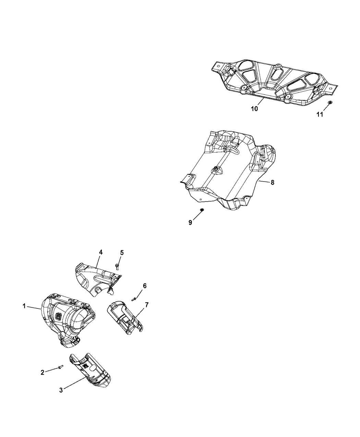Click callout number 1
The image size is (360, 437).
(24, 306)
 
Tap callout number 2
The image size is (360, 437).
(43, 372)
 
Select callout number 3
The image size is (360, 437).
(61, 390)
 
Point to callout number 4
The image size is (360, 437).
(101, 252)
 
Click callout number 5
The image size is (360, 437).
(122, 253)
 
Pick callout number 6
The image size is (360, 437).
(145, 286)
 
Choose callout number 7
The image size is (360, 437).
(147, 305)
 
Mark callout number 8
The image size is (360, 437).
(273, 182)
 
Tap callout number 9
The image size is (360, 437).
(190, 223)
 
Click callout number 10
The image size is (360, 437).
(255, 109)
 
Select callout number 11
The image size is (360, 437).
(320, 114)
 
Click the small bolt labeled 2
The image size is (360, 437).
(61, 367)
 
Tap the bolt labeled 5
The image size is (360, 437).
(117, 267)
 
